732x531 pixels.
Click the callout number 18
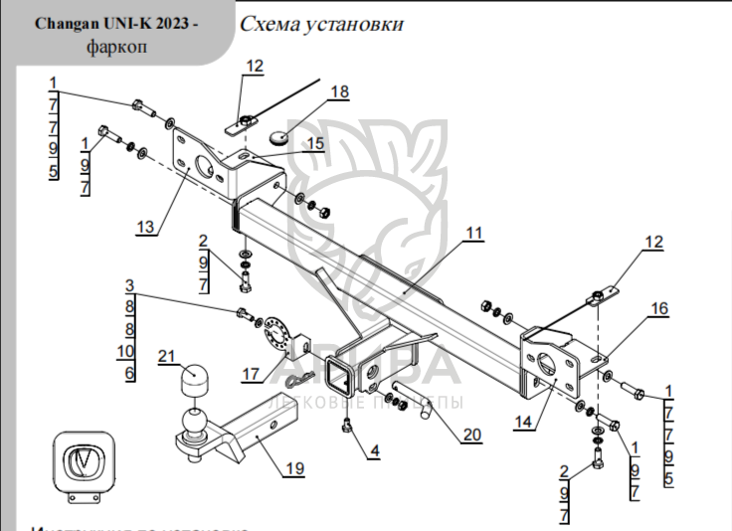pos(339,92)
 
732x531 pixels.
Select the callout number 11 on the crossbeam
pos(473,233)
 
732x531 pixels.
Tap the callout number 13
pos(146,228)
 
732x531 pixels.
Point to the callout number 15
pos(314,144)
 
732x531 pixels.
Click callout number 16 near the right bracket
pos(659,309)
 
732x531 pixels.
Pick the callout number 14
pos(524,422)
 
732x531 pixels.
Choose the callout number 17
pos(250,374)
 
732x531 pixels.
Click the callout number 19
pos(292,470)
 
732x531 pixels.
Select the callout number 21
pos(166,356)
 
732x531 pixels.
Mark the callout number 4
pos(374,451)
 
